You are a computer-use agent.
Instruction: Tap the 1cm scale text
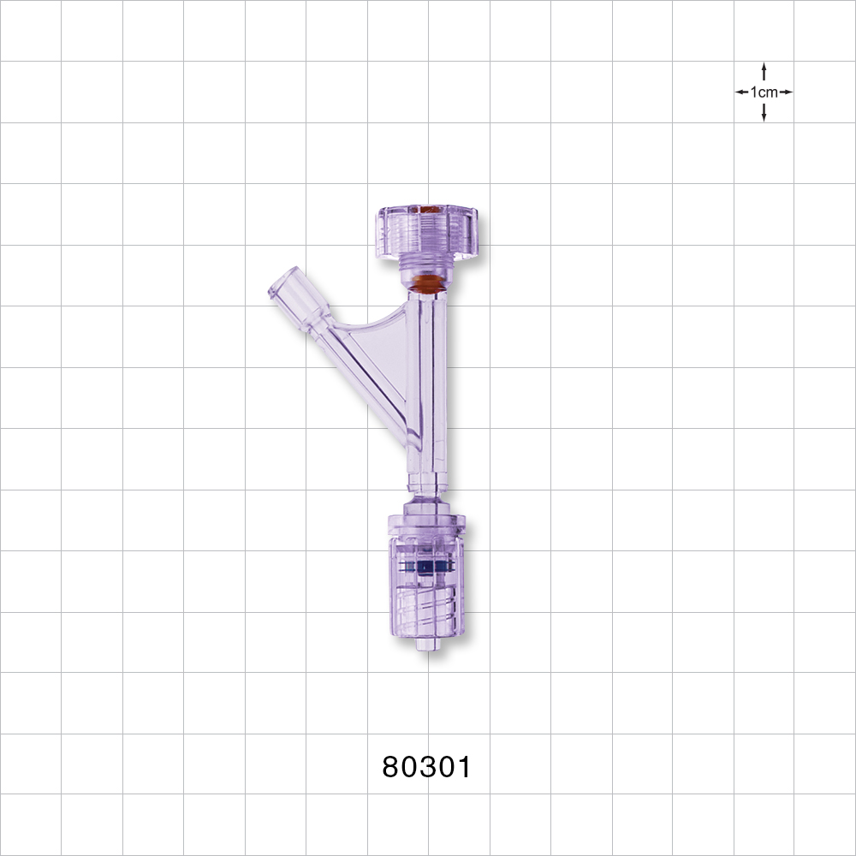[764, 92]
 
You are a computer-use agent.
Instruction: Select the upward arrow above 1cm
[764, 70]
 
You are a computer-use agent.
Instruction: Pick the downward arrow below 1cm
[764, 113]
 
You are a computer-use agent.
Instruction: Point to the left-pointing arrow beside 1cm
[742, 92]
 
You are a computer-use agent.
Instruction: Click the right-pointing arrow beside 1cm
[785, 92]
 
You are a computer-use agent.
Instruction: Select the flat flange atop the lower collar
[425, 519]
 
